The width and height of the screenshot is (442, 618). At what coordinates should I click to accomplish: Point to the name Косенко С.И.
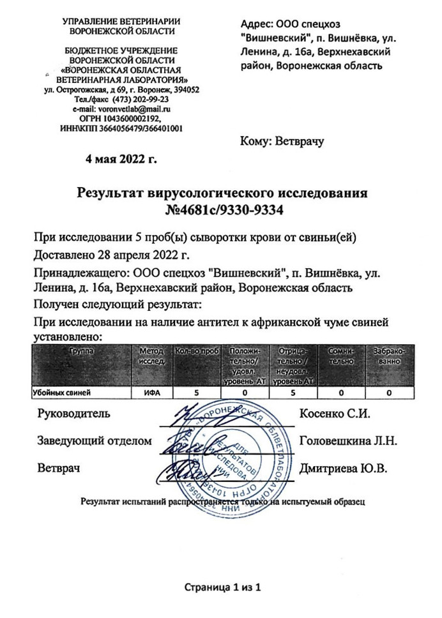335,413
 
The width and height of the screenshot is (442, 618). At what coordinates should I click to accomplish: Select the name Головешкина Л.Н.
349,441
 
